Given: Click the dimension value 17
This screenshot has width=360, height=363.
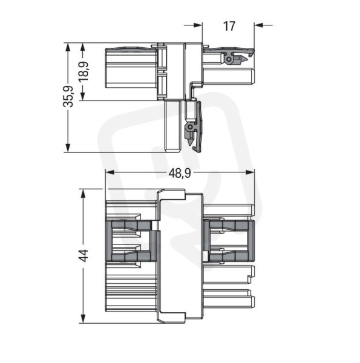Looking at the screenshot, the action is pyautogui.click(x=229, y=26).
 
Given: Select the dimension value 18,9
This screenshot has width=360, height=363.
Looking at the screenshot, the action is pyautogui.click(x=83, y=71).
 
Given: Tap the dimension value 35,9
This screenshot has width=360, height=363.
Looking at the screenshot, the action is pyautogui.click(x=68, y=97).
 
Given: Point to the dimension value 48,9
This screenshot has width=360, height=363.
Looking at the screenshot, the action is pyautogui.click(x=180, y=173).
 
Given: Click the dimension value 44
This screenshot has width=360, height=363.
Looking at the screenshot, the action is pyautogui.click(x=83, y=255).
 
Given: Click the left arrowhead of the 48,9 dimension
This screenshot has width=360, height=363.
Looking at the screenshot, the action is pyautogui.click(x=110, y=172).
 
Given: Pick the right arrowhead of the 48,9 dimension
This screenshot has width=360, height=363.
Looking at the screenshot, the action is pyautogui.click(x=250, y=172).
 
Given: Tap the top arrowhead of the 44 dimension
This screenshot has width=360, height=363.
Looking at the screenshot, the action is pyautogui.click(x=83, y=194).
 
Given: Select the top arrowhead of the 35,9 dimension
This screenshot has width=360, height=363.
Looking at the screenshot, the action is pyautogui.click(x=68, y=47).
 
